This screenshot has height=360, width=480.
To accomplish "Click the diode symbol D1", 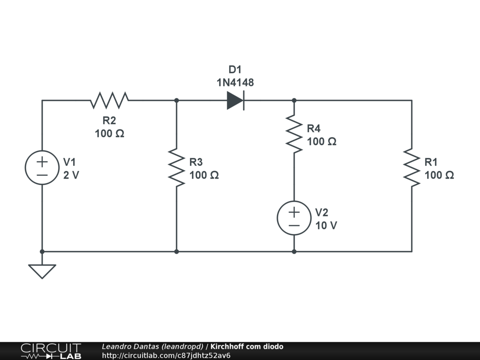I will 235,100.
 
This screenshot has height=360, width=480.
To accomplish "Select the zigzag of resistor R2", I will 110,100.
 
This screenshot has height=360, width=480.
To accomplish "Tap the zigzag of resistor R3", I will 177,168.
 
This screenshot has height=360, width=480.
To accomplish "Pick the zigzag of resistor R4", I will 294,134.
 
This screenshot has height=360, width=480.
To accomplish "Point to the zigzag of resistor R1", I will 412,168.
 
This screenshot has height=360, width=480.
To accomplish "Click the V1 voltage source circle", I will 42,168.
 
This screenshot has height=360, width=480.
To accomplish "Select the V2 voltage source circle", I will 294,218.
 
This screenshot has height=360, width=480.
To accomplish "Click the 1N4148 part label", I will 235,83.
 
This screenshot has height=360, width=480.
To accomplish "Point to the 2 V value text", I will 71,175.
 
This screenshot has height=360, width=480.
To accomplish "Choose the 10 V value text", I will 326,225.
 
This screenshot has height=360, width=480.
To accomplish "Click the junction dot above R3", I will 177,100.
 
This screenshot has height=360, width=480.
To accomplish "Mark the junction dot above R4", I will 294,100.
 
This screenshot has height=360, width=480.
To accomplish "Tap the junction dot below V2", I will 294,252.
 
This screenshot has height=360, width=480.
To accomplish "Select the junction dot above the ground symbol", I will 42,252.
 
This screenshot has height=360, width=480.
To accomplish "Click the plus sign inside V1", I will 42,162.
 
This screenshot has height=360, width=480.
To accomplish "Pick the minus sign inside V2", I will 294,225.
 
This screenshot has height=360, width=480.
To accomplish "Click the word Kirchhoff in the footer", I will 227,346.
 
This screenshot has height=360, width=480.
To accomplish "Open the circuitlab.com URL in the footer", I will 166,355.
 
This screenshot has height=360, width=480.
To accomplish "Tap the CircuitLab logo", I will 51,351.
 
